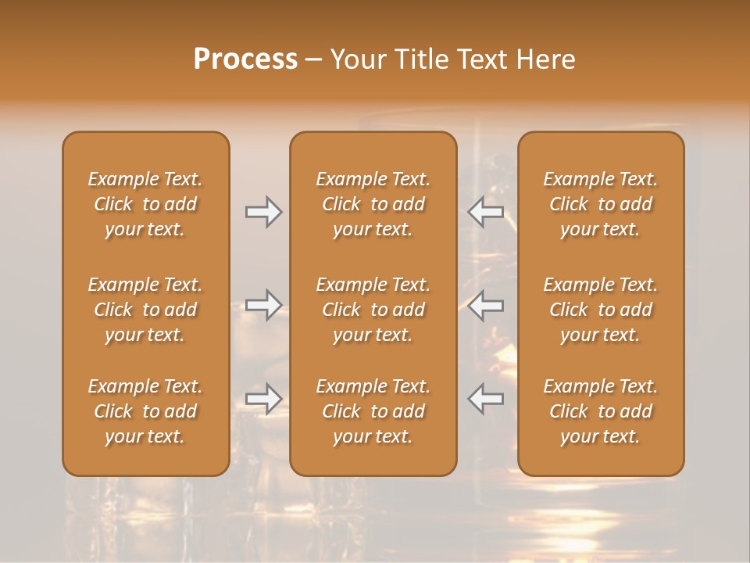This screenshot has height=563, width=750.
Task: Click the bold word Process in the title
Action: point(245,59)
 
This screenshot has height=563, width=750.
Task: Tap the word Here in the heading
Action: point(545,59)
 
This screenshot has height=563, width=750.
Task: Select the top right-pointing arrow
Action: point(263,212)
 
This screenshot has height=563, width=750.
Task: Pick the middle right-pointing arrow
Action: point(263,305)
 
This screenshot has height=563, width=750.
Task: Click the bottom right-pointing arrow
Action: point(263,399)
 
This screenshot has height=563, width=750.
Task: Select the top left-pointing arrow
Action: point(485,212)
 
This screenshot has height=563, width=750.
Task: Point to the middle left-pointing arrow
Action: point(485,305)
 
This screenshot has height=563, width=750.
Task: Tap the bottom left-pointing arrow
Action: point(485,399)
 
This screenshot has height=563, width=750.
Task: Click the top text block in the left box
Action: point(145,204)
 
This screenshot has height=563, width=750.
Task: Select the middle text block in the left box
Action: point(145,310)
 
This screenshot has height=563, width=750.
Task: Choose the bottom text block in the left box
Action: point(145,411)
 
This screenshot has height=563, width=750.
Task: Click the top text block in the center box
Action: point(373,204)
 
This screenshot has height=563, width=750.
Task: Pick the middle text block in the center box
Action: point(373,310)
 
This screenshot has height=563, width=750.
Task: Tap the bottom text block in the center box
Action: point(373,411)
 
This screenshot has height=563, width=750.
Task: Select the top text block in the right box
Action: point(600,204)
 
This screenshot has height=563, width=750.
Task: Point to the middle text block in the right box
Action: point(600,310)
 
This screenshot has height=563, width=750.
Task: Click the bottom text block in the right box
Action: point(600,411)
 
